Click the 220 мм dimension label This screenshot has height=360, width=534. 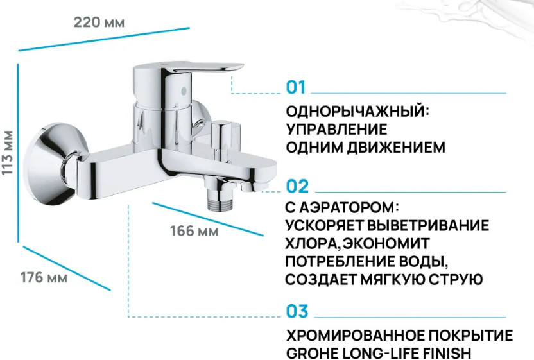coord(99,22)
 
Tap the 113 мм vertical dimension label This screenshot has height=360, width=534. coord(8,153)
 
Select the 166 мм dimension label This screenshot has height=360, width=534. coord(194,231)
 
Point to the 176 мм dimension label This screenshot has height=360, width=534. coord(44,278)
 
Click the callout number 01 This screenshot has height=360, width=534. coord(296,87)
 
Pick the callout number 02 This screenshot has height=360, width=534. coord(297,186)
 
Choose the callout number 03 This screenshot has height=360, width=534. coord(297,311)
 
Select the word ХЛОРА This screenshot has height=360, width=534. coord(311,243)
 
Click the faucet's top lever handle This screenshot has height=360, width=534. coord(204,67)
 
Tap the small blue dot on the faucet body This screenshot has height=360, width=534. coord(184,91)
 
